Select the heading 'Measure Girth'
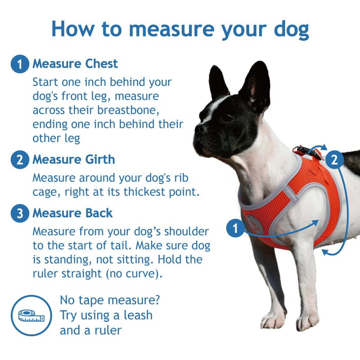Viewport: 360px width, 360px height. (x=73, y=160)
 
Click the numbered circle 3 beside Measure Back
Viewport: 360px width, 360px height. (x=19, y=213)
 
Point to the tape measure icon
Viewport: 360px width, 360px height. (x=31, y=315)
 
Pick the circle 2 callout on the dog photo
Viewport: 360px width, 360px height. (x=334, y=159)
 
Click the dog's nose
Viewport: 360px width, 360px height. (x=198, y=128)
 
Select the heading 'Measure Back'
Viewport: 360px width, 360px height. (x=72, y=213)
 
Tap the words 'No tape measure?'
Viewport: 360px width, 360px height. (x=110, y=300)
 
